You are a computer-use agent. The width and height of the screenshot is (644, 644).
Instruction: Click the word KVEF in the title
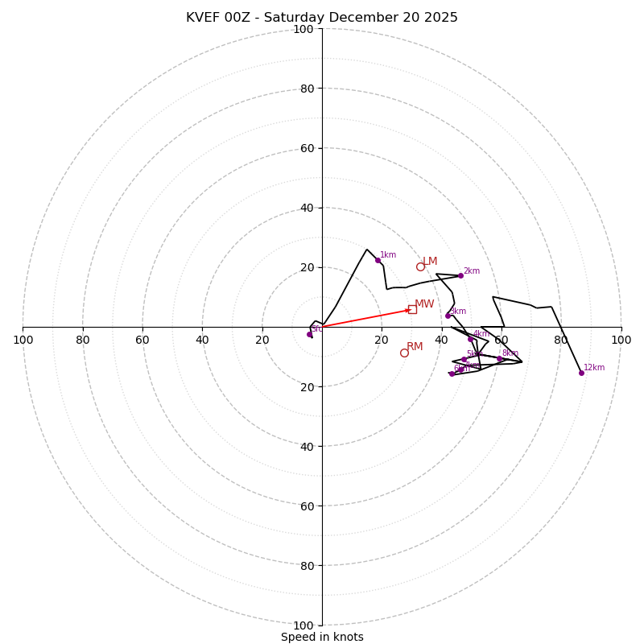(x=204, y=18)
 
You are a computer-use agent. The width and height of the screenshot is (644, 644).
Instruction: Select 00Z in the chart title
(x=246, y=18)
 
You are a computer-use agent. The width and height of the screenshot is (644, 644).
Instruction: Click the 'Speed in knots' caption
(x=322, y=637)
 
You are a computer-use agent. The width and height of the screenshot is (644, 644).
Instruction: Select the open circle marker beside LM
(x=420, y=266)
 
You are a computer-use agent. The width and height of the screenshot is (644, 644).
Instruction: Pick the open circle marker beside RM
(x=404, y=353)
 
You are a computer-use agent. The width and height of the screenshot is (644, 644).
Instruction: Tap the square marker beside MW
(x=412, y=309)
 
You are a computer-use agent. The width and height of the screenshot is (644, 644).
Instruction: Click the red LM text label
(x=430, y=262)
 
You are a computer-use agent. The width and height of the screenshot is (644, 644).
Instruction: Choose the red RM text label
(x=415, y=347)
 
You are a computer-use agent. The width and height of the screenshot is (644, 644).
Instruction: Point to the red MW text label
(x=424, y=304)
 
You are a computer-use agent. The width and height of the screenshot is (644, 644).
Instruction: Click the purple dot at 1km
(x=378, y=260)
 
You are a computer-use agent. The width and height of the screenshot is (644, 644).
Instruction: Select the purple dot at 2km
(x=460, y=275)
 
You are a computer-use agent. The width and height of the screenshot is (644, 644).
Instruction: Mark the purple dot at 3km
(x=448, y=316)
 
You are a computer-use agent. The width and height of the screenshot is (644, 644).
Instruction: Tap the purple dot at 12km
(x=581, y=373)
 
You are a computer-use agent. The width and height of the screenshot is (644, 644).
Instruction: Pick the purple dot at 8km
(x=499, y=359)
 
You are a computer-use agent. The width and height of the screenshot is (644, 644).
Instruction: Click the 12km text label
(x=594, y=368)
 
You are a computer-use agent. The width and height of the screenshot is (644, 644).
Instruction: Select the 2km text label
(x=471, y=271)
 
